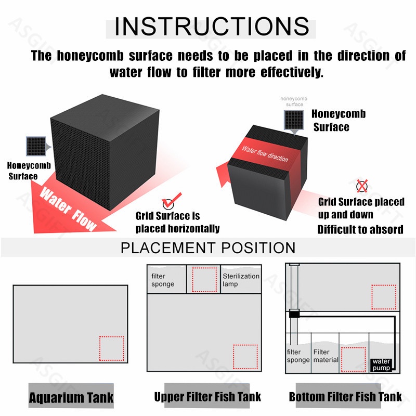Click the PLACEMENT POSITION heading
(208, 248)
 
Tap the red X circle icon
(362, 186)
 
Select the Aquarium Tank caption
(71, 398)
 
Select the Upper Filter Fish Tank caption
(208, 397)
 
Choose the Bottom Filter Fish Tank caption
(345, 397)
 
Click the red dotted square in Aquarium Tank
(111, 348)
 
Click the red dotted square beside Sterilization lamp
(204, 279)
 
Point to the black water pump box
(381, 365)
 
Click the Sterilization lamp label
(240, 280)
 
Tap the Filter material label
(326, 356)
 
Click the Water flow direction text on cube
(264, 153)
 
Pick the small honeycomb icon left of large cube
(35, 146)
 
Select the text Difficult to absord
(360, 229)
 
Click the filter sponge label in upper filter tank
(162, 280)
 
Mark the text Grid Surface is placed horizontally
(177, 222)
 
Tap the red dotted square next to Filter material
(354, 356)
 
